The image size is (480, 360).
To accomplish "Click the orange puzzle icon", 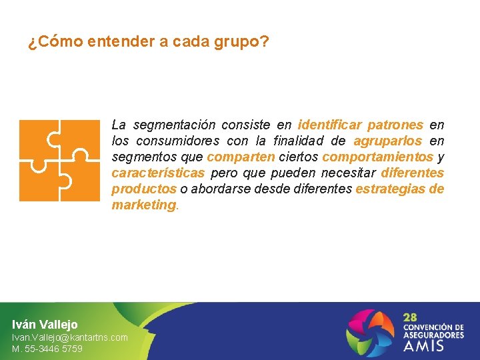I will pyautogui.click(x=59, y=160).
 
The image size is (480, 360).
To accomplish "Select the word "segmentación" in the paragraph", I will pyautogui.click(x=174, y=125).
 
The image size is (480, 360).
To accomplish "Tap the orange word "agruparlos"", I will pyautogui.click(x=387, y=141).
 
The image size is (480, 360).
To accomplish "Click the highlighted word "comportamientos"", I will pyautogui.click(x=377, y=157).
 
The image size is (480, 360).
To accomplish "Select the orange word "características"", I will pyautogui.click(x=158, y=173).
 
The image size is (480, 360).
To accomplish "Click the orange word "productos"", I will pyautogui.click(x=144, y=189).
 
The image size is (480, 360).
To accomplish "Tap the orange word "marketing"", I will pyautogui.click(x=143, y=205).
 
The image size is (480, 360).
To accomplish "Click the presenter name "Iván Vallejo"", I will pyautogui.click(x=45, y=325).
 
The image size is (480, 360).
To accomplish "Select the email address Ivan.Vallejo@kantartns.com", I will pyautogui.click(x=69, y=338).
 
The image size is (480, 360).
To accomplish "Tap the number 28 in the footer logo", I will pyautogui.click(x=411, y=318).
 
